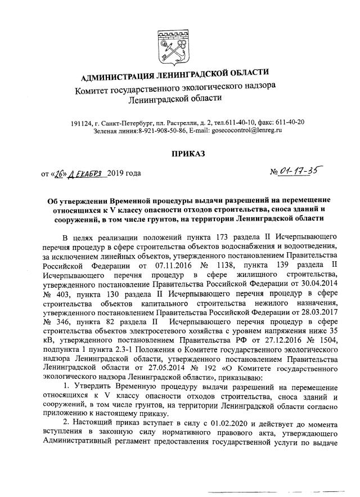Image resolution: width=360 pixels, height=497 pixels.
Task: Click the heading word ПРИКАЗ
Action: pyautogui.click(x=181, y=153)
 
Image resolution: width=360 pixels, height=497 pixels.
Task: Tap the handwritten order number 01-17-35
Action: pyautogui.click(x=295, y=169)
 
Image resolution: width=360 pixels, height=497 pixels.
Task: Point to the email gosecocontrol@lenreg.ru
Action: pyautogui.click(x=247, y=130)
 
